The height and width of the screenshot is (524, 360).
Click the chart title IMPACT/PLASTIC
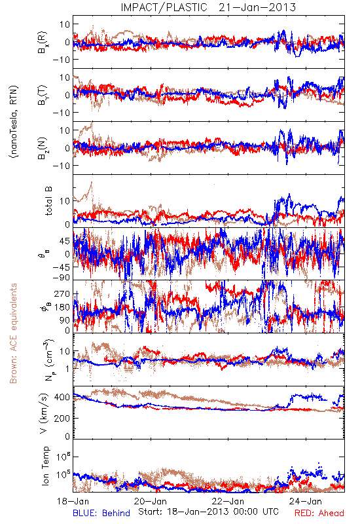pos(164,7)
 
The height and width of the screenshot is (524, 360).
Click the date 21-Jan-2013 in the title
pos(257,7)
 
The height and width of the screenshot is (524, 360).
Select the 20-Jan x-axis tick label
pos(151,501)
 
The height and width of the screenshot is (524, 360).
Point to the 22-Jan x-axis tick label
pos(228,501)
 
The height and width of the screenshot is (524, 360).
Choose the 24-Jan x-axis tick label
pos(306,501)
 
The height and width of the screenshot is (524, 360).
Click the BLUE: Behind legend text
pos(101,513)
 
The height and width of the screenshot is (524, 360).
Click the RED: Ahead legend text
pos(319,513)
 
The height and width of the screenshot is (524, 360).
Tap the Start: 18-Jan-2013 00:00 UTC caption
pos(208,512)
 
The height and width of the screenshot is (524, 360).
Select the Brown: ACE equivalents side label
pos(13,333)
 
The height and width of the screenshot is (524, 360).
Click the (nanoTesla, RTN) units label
pos(14,122)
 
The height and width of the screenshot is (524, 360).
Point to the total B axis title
pos(48,201)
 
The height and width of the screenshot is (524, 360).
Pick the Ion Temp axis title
pos(45,466)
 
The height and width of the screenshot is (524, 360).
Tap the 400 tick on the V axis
pos(63,397)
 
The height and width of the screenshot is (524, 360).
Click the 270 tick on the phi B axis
pos(63,293)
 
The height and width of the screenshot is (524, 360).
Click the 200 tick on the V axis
pos(63,418)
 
